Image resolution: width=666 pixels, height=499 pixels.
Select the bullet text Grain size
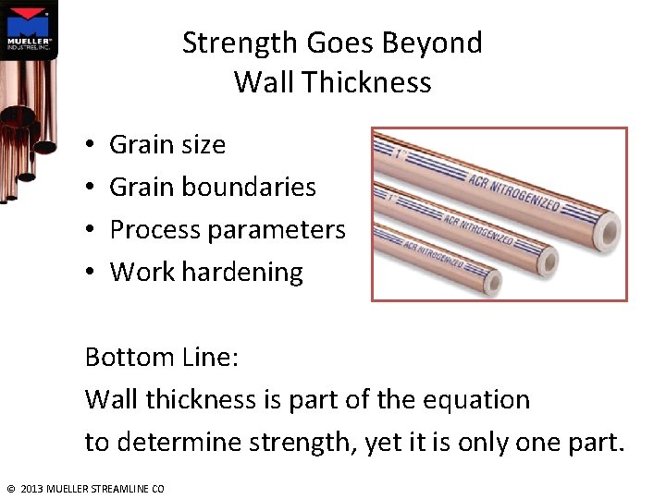pyautogui.click(x=167, y=144)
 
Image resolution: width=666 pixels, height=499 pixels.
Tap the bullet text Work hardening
pyautogui.click(x=206, y=272)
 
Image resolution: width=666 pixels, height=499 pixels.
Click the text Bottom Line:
pyautogui.click(x=162, y=357)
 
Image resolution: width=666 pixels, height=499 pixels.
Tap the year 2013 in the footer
pyautogui.click(x=31, y=488)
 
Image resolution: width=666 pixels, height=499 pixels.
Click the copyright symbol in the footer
pyautogui.click(x=10, y=488)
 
